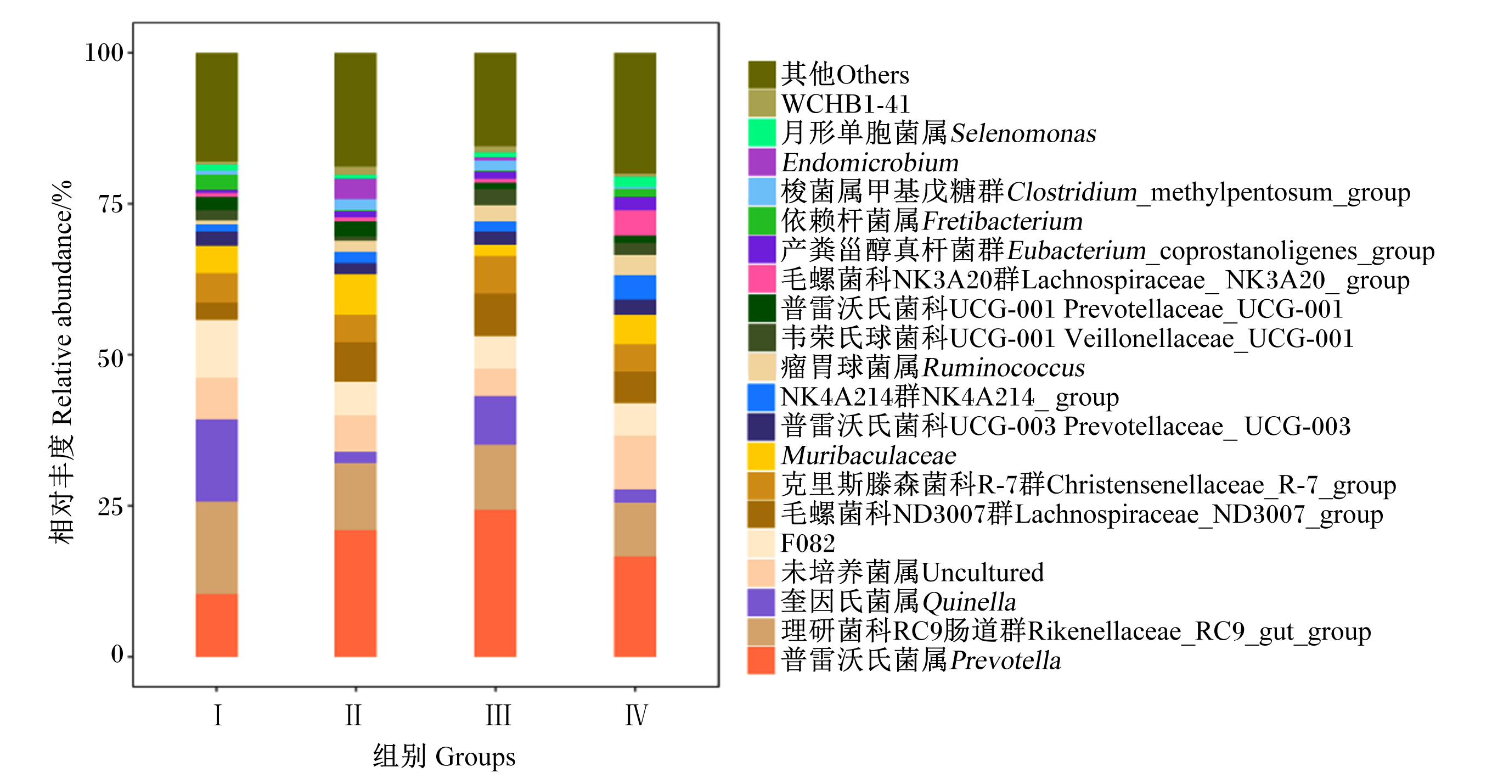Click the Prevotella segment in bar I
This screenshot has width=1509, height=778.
point(217,625)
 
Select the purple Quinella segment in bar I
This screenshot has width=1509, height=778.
point(217,460)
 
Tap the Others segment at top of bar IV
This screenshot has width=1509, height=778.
point(635,113)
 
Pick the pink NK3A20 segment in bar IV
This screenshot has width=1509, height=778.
point(635,223)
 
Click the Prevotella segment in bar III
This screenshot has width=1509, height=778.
point(495,583)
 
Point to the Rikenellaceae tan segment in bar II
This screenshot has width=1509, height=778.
point(356,496)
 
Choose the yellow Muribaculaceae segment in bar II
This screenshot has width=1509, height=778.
point(356,294)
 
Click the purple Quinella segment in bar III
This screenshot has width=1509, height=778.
point(495,421)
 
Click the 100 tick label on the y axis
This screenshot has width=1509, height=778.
point(104,53)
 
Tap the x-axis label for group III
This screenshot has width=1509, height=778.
point(498,715)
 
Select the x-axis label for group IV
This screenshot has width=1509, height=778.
point(636,715)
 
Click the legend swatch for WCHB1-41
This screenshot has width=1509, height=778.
point(762,103)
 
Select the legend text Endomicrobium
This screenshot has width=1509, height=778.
point(870,163)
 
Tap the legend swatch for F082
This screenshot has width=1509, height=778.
point(762,543)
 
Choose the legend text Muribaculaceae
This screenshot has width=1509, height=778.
point(869,456)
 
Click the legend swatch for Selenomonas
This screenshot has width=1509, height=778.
point(762,132)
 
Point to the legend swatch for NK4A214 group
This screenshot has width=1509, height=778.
point(762,396)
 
